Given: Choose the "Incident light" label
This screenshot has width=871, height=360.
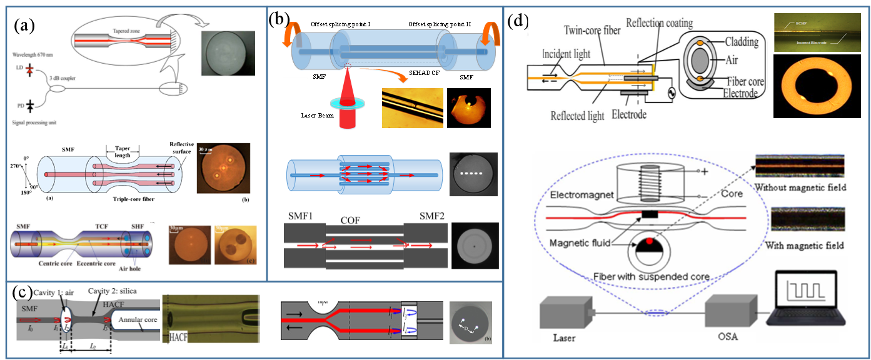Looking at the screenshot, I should tap(566, 54).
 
